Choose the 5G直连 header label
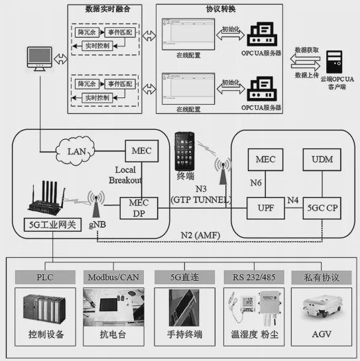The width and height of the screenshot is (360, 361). point(180,276)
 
